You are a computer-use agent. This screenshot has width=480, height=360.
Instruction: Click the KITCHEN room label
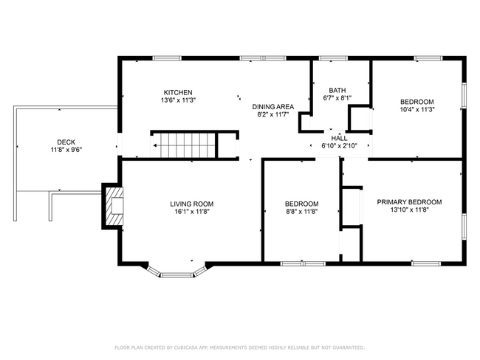pyautogui.click(x=178, y=92)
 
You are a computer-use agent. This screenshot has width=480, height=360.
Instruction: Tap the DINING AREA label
pyautogui.click(x=272, y=107)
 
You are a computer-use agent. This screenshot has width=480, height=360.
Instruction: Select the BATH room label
pyautogui.click(x=337, y=90)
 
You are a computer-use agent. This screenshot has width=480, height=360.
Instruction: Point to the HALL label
pyautogui.click(x=339, y=138)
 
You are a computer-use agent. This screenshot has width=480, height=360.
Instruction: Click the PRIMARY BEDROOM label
pyautogui.click(x=409, y=202)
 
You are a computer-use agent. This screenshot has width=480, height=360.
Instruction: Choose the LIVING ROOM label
pyautogui.click(x=192, y=204)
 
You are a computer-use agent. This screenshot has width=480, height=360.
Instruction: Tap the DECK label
pyautogui.click(x=66, y=142)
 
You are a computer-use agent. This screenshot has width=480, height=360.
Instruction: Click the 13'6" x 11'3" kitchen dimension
pyautogui.click(x=178, y=100)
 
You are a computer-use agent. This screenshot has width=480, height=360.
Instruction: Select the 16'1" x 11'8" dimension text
pyautogui.click(x=192, y=211)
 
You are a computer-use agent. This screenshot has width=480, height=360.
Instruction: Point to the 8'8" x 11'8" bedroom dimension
pyautogui.click(x=302, y=211)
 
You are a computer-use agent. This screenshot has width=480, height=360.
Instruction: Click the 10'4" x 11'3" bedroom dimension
pyautogui.click(x=417, y=109)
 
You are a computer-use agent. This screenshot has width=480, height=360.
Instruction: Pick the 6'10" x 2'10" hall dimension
pyautogui.click(x=339, y=146)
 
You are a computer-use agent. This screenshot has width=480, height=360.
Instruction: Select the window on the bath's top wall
pyautogui.click(x=333, y=58)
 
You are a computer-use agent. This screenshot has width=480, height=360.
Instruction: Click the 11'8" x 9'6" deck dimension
pyautogui.click(x=66, y=150)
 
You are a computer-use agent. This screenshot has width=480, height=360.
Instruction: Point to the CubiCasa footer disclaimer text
pyautogui.click(x=240, y=347)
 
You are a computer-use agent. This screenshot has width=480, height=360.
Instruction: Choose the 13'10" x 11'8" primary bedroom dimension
pyautogui.click(x=409, y=210)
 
